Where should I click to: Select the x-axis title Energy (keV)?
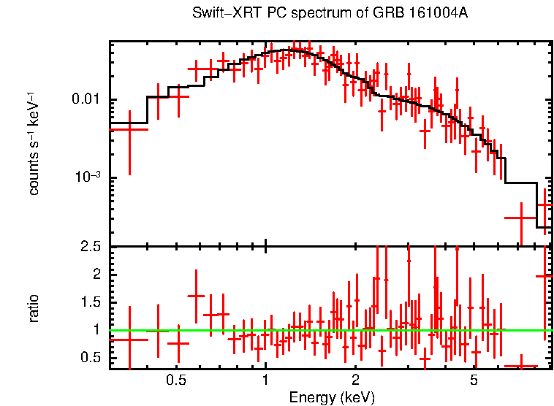click(332, 398)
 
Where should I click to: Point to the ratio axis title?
click(34, 308)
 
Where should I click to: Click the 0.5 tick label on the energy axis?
click(175, 381)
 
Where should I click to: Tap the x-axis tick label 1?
click(265, 381)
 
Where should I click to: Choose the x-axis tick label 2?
click(355, 381)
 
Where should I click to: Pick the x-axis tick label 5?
click(474, 381)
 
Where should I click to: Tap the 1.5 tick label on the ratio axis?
click(91, 302)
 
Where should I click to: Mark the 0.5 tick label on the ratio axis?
click(91, 357)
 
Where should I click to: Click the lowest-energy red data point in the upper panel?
click(129, 129)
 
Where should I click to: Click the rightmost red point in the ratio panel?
click(544, 276)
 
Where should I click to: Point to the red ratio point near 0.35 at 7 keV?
click(521, 366)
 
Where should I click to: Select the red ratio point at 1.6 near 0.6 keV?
click(196, 296)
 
